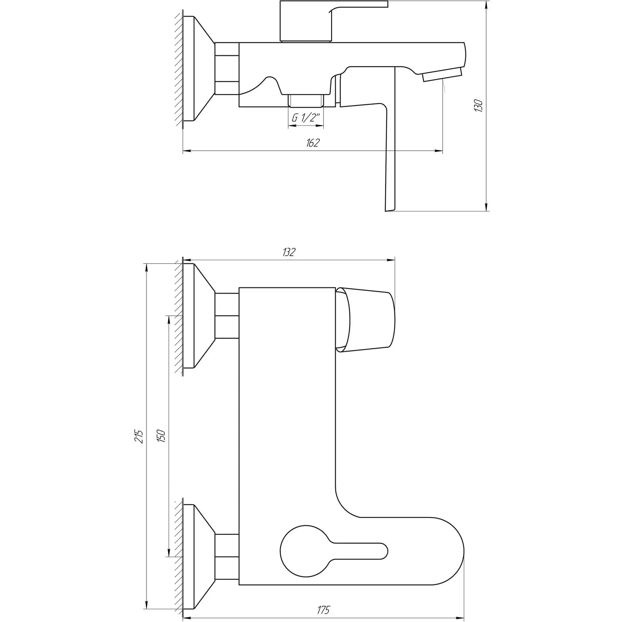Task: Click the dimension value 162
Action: tap(312, 143)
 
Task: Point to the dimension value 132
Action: tap(289, 252)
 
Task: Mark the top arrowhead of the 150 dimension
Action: tap(169, 320)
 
